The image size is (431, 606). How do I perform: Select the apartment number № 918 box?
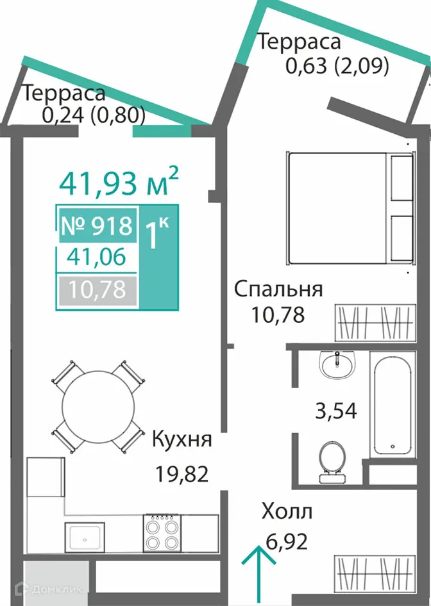pyautogui.click(x=97, y=225)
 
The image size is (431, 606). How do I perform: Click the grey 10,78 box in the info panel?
pyautogui.click(x=97, y=290)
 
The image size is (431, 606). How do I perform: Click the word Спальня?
pyautogui.click(x=278, y=289)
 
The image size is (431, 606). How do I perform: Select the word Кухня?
pyautogui.click(x=182, y=441)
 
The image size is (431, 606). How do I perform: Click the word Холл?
pyautogui.click(x=287, y=512)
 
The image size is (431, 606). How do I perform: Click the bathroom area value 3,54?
pyautogui.click(x=335, y=409)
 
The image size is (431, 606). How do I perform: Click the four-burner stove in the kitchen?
pyautogui.click(x=161, y=533)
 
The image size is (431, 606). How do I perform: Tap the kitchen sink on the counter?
pyautogui.click(x=84, y=535)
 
